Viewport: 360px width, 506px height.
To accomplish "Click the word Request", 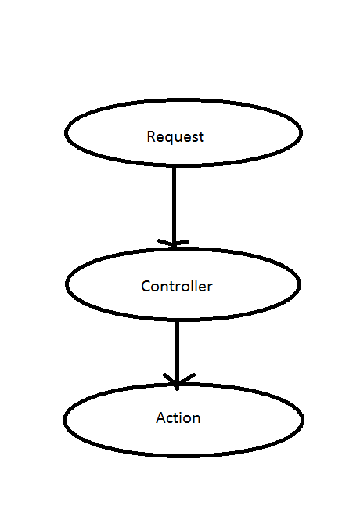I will pyautogui.click(x=175, y=136).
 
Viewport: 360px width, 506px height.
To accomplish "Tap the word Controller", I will pyautogui.click(x=177, y=286).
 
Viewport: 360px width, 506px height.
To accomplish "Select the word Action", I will pyautogui.click(x=178, y=417).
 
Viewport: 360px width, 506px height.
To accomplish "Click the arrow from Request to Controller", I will pyautogui.click(x=174, y=204).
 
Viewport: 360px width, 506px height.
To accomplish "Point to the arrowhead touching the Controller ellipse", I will pyautogui.click(x=174, y=242).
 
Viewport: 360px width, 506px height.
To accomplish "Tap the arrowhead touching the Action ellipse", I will pyautogui.click(x=178, y=381).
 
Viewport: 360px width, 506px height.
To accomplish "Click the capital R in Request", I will pyautogui.click(x=151, y=136).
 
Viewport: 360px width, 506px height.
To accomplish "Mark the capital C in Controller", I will pyautogui.click(x=146, y=286).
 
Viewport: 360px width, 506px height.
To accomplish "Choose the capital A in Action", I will pyautogui.click(x=160, y=417).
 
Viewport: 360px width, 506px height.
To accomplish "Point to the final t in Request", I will pyautogui.click(x=201, y=136).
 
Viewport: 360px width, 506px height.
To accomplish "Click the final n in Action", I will pyautogui.click(x=196, y=418).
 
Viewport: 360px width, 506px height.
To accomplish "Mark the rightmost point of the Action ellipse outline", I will pyautogui.click(x=302, y=420).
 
